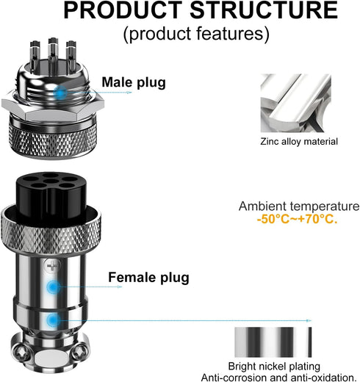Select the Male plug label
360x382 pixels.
(133, 82)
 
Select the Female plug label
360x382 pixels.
(148, 277)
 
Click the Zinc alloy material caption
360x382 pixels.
(299, 142)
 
